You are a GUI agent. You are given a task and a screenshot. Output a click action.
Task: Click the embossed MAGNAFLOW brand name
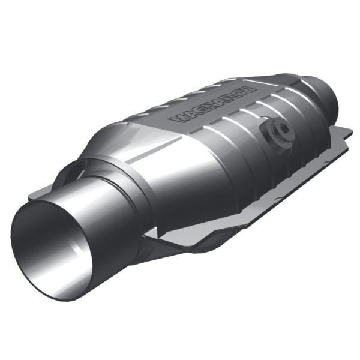tap(213, 104)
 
